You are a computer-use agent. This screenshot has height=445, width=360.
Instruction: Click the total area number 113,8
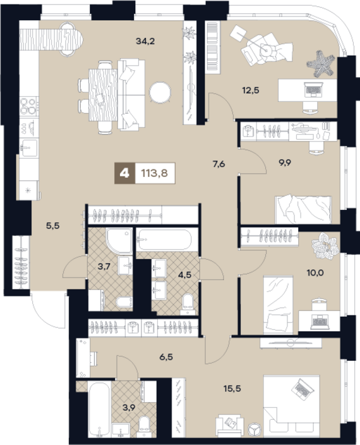[x=155, y=173]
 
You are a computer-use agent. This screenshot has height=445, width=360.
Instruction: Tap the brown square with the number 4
[x=124, y=173]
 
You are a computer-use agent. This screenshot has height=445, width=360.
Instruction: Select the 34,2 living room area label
[x=145, y=41]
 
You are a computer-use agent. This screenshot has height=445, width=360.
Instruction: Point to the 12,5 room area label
[x=251, y=90]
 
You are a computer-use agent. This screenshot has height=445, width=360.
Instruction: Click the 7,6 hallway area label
[x=219, y=164]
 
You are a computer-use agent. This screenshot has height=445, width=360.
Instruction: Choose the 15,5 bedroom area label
[x=232, y=389]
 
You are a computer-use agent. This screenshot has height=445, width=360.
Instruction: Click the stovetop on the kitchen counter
[x=28, y=106]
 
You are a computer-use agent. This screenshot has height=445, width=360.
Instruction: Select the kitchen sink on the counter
[x=28, y=147]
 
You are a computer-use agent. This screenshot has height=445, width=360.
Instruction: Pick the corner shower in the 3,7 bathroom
[x=119, y=241]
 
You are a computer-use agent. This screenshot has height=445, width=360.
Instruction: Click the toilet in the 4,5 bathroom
[x=188, y=304]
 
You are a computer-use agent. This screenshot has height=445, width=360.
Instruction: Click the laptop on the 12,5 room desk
[x=313, y=89]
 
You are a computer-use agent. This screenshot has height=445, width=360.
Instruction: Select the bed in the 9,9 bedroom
[x=303, y=209]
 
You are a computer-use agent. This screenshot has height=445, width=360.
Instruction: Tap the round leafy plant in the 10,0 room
[x=325, y=246]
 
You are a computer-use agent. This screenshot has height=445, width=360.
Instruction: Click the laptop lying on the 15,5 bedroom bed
[x=303, y=389]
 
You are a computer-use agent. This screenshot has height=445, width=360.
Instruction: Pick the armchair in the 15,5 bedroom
[x=230, y=425]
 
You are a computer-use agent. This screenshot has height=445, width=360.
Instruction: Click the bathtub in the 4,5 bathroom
[x=165, y=240]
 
